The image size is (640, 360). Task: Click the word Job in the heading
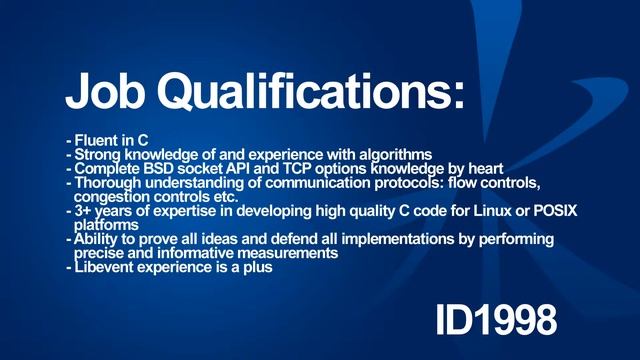(106, 91)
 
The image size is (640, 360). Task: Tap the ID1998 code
(495, 319)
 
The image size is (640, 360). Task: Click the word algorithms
(395, 155)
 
